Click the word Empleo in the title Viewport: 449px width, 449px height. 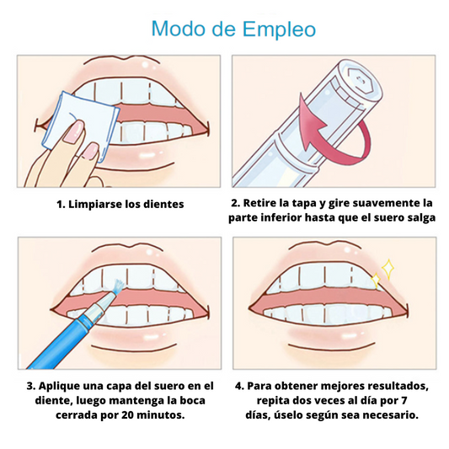coord(279,29)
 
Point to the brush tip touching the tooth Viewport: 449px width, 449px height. coord(117,287)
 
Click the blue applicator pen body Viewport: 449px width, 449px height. coord(72,332)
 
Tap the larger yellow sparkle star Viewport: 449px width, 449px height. coord(388,269)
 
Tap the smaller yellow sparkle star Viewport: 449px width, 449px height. coord(376,280)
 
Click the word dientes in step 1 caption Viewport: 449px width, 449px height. coord(163,204)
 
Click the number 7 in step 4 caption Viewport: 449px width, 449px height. coord(404,400)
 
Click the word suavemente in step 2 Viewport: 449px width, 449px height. coord(387,203)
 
